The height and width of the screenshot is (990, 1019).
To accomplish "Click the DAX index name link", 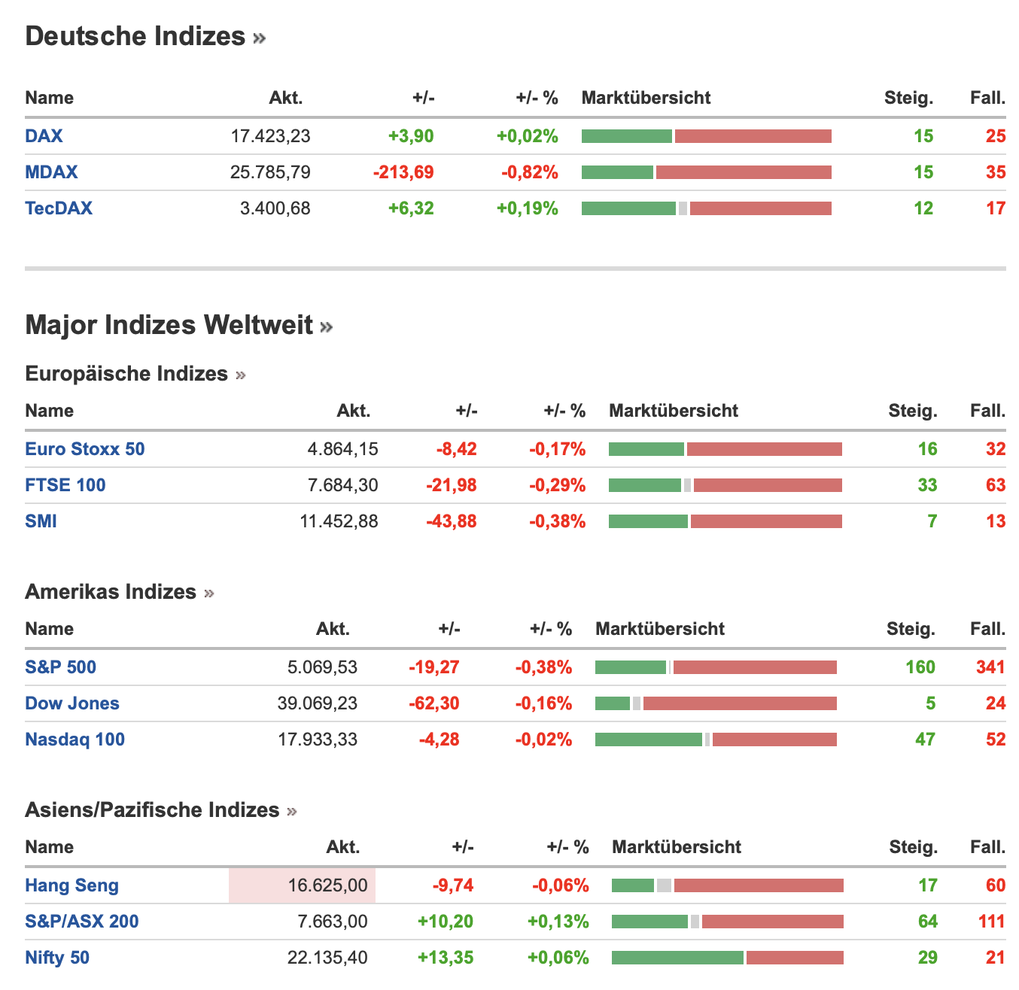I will point(44,136).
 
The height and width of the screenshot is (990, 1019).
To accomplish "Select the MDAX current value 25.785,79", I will point(270,172).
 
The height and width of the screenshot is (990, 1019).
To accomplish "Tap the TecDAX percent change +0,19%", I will point(527,208).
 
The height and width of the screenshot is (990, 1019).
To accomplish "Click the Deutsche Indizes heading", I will point(135,36).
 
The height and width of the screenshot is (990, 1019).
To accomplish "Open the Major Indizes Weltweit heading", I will point(169,325).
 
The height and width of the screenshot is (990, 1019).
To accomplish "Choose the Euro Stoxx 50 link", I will point(85,449).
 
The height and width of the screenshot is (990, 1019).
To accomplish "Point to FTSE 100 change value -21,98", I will point(452,485).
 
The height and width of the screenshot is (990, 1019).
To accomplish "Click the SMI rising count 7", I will point(932,521).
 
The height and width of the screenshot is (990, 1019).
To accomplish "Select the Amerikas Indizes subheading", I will point(111,592).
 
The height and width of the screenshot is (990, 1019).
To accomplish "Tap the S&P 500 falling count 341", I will point(990,667).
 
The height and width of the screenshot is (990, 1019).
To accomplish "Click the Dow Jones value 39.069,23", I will point(318,703).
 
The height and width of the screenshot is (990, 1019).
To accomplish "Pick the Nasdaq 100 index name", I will point(75,739).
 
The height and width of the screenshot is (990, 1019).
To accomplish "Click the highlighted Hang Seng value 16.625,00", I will point(327,885).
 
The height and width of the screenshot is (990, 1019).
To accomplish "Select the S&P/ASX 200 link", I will point(82,922).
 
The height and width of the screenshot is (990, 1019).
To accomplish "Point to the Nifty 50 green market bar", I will point(677,958).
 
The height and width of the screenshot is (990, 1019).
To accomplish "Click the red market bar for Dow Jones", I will point(740,703).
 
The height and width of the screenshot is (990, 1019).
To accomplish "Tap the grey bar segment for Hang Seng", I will point(664,885).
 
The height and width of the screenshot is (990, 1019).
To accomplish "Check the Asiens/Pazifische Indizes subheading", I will point(152,810).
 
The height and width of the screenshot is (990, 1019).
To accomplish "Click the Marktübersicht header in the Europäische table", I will point(674,411).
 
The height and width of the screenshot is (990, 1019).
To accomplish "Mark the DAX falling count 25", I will point(996,136).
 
